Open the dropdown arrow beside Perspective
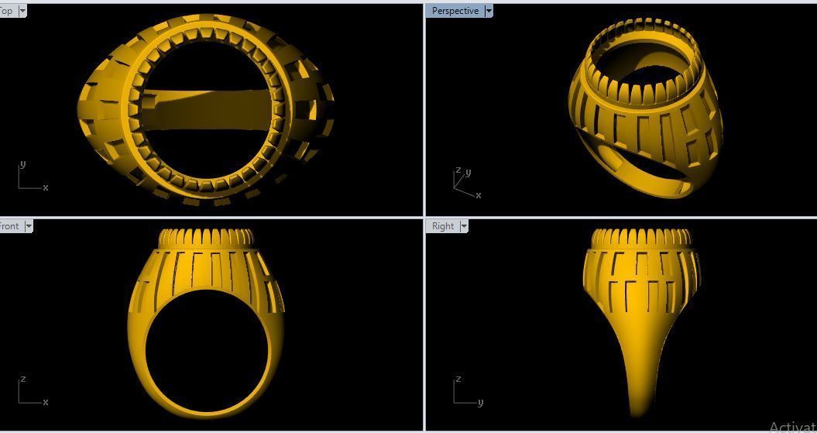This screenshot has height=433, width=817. (x=489, y=11)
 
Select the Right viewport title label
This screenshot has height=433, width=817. (x=443, y=226)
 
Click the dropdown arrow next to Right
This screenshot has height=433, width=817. (x=464, y=226)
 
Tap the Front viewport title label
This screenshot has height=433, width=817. (x=9, y=226)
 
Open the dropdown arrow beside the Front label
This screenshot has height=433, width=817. (x=29, y=226)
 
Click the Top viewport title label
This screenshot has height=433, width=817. (x=6, y=11)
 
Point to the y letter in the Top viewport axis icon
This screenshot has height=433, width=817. (x=22, y=164)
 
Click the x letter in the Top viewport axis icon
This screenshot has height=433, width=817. (x=46, y=187)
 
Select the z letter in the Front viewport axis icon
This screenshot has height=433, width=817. (x=22, y=379)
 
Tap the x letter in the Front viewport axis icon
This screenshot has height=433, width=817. (x=46, y=402)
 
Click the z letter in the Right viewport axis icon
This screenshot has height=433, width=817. (x=458, y=379)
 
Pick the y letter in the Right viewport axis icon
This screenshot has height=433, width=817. (x=480, y=402)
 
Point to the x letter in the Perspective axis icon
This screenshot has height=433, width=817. (x=478, y=195)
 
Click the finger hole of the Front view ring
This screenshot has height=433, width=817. (x=207, y=349)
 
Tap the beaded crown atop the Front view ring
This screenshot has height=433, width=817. (x=207, y=238)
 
